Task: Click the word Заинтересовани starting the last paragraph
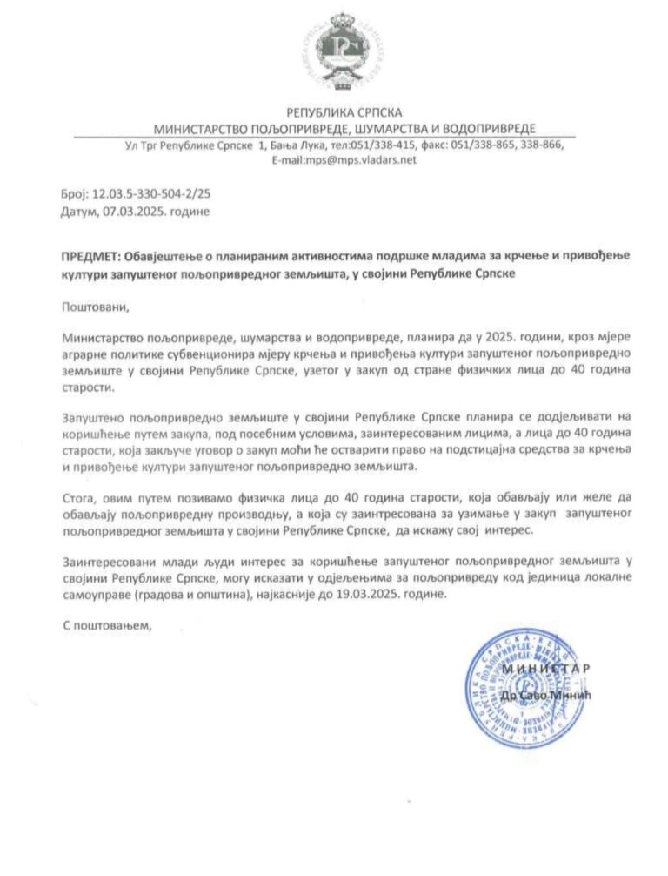click(106, 562)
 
